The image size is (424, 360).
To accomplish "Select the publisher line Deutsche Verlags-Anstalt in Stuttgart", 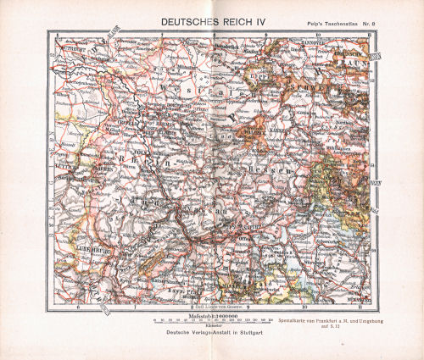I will pos(212,332).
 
